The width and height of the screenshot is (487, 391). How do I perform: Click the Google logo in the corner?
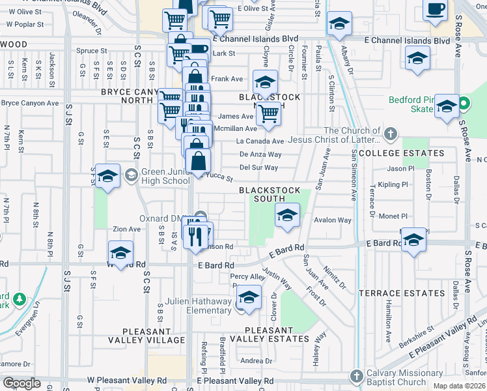click(21, 383)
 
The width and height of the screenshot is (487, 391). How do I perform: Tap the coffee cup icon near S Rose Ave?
click(435, 10)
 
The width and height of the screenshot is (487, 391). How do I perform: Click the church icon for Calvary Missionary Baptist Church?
click(356, 377)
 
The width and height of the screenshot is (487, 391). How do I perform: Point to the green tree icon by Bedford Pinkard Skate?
click(464, 104)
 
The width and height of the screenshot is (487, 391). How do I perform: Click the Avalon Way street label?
click(332, 220)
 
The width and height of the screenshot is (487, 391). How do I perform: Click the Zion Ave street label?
click(126, 229)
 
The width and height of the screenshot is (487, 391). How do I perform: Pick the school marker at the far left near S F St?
click(108, 175)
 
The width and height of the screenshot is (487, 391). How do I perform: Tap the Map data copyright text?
click(459, 386)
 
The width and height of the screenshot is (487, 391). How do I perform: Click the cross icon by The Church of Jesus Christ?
click(390, 135)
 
